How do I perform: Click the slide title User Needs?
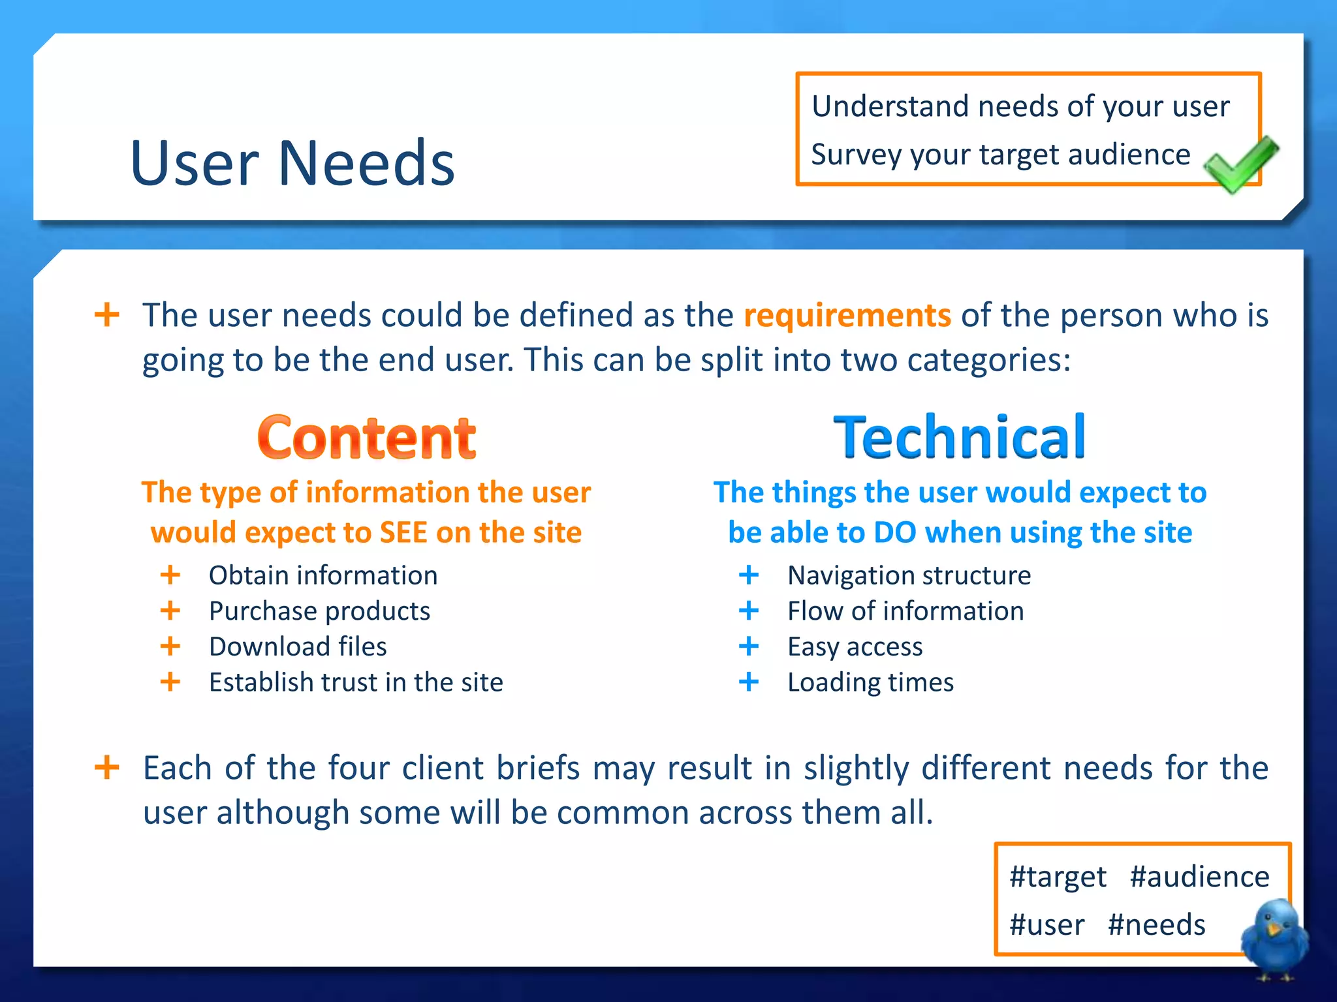coord(292,163)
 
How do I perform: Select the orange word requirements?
coord(847,316)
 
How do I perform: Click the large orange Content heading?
coord(366,438)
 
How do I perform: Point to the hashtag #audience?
coord(1199,876)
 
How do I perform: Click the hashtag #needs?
coord(1156,924)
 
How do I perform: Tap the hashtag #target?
coord(1058,876)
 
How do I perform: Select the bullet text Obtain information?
coord(323,575)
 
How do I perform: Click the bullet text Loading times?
coord(870,682)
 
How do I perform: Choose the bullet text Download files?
coord(298,646)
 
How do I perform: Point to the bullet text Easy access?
coord(855,646)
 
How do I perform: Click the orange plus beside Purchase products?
coord(170,611)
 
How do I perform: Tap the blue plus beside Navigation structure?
coord(749,575)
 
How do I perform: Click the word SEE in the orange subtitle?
coord(403,533)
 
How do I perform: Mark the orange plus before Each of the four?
coord(107,767)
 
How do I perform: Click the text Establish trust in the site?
coord(356,682)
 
